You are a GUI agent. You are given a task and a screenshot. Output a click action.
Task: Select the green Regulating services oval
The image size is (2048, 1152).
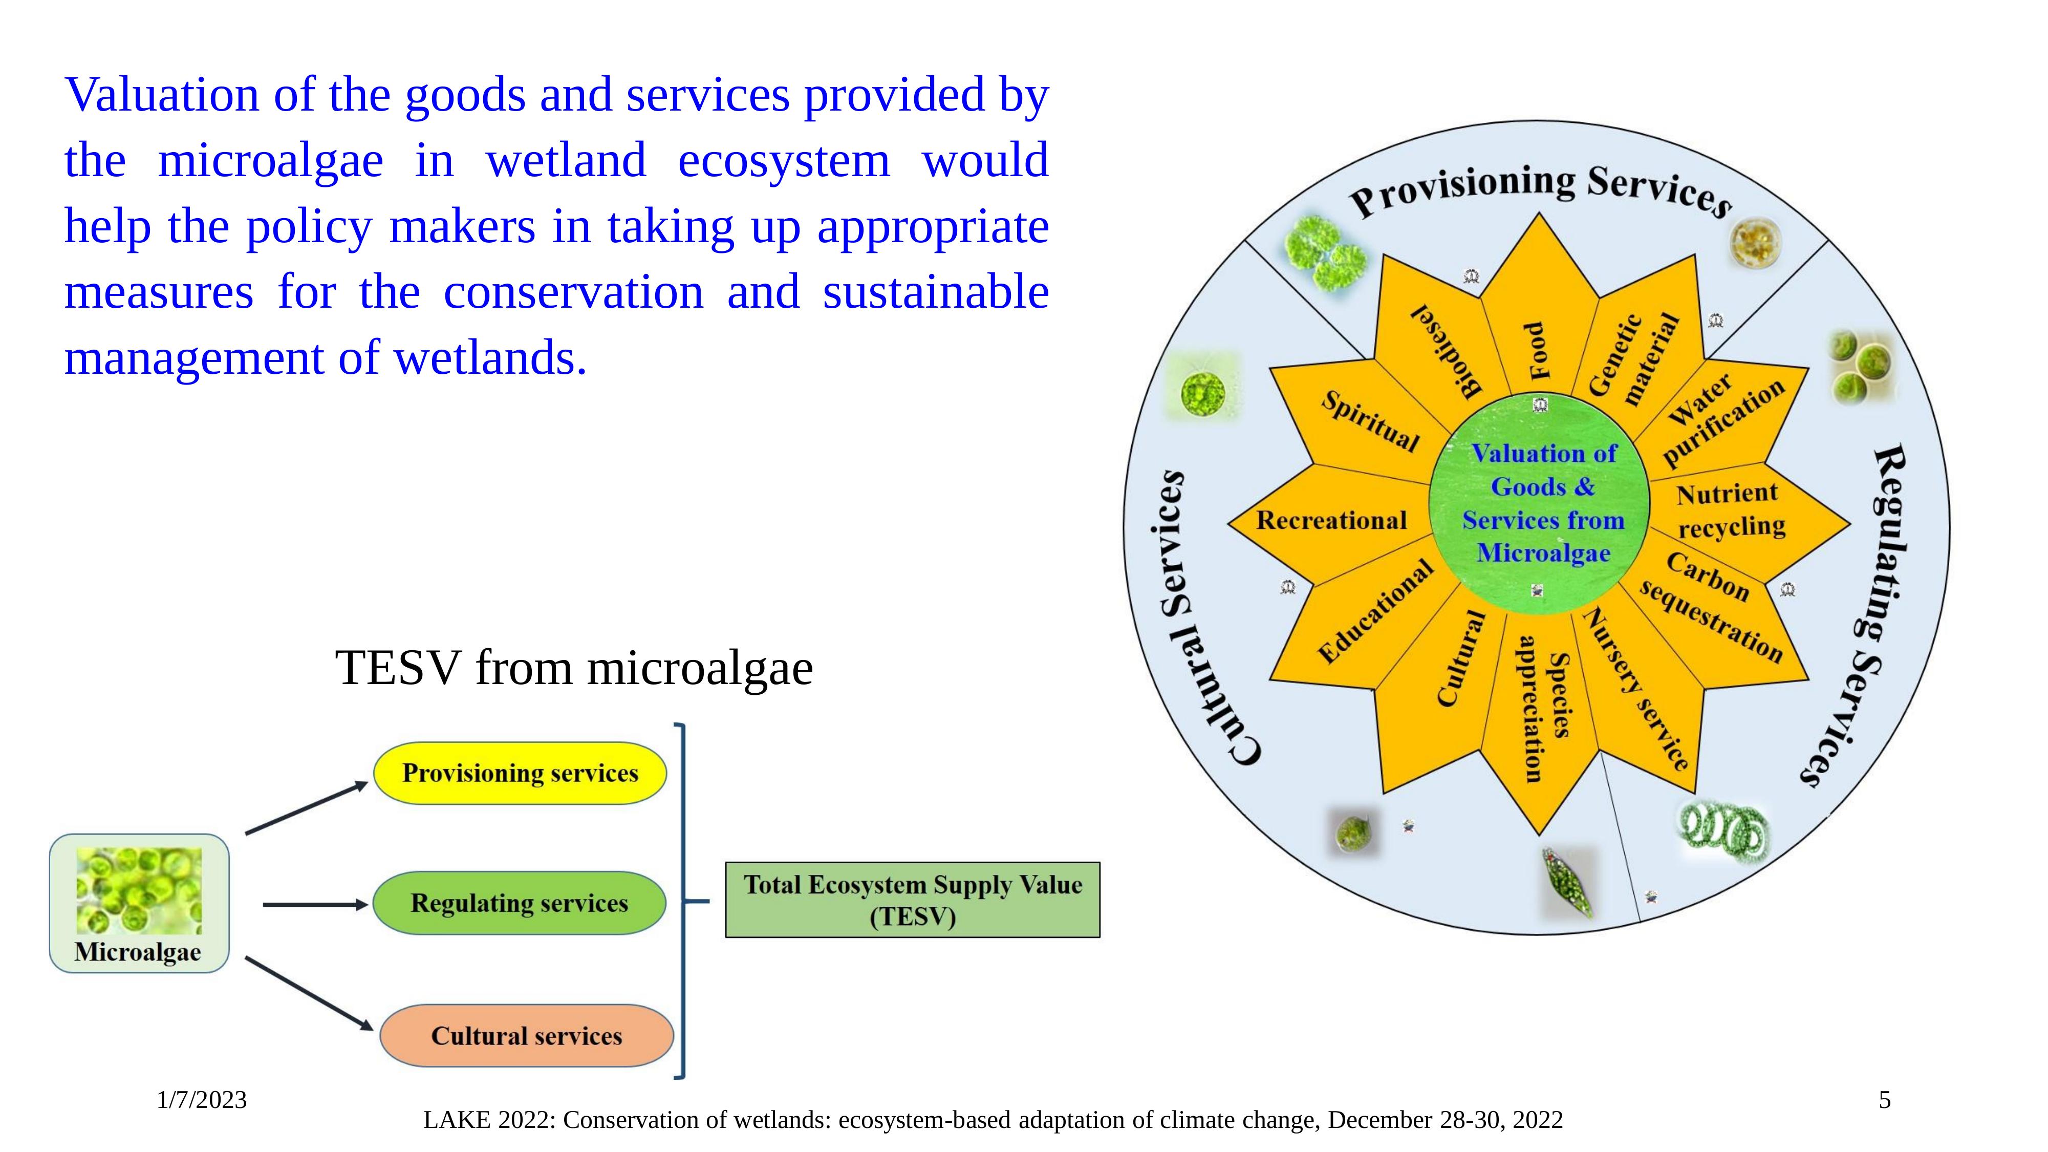point(519,903)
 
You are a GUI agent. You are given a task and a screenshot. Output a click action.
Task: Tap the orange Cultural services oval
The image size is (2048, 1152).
point(526,1036)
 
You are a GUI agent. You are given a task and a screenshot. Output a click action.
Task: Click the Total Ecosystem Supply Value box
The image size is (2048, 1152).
point(912,900)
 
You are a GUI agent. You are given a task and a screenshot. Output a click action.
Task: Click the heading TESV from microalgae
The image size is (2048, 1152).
point(574,668)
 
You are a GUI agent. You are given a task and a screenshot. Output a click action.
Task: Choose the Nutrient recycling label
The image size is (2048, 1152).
point(1730,509)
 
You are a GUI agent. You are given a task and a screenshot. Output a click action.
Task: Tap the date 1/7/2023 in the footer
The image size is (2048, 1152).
point(202,1100)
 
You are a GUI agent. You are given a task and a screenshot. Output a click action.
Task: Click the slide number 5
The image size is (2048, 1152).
point(1883,1100)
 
